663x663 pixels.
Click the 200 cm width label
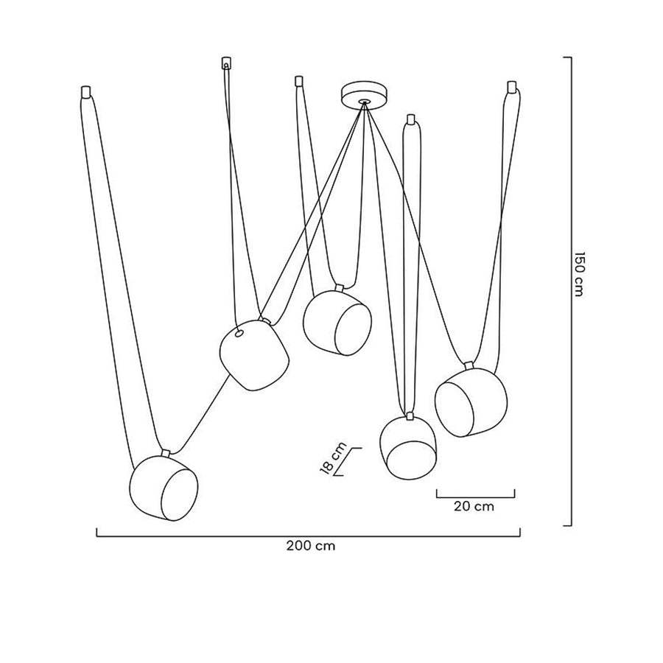pos(311,546)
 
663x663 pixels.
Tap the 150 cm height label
pos(579,275)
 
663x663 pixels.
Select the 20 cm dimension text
pos(474,506)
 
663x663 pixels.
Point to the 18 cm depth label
pos(334,459)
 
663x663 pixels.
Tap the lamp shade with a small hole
pos(254,355)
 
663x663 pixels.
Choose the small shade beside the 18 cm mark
pos(408,448)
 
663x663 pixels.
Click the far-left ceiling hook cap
pos(86,92)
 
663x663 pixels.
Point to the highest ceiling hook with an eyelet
pos(226,63)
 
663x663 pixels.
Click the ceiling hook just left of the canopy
pos(299,80)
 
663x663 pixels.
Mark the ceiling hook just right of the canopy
pos(410,119)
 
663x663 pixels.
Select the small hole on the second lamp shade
pos(239,334)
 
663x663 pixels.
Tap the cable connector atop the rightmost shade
pos(468,365)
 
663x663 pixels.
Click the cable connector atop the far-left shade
pos(165,453)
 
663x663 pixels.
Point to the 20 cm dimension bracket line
pos(476,497)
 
